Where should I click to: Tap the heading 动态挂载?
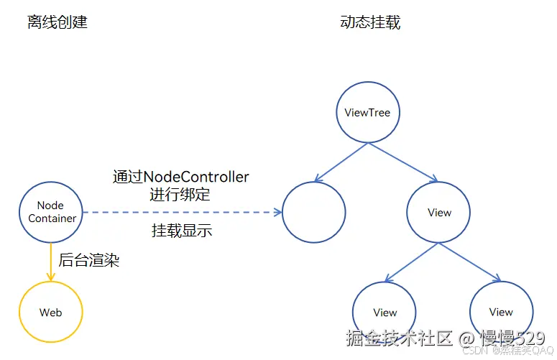click(370, 22)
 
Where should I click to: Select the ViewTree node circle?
click(367, 112)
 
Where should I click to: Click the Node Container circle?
click(52, 212)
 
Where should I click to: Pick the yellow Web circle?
click(51, 312)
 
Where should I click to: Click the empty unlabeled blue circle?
click(314, 212)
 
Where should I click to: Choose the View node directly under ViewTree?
click(438, 212)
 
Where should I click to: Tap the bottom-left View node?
click(385, 312)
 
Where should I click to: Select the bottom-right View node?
click(501, 311)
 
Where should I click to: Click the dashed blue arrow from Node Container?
click(180, 213)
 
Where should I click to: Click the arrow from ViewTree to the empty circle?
click(341, 162)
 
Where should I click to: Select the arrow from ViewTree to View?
click(402, 162)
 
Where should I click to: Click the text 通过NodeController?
click(181, 177)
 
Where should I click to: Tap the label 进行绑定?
click(181, 194)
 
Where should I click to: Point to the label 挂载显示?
click(182, 231)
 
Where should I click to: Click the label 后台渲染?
click(88, 261)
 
